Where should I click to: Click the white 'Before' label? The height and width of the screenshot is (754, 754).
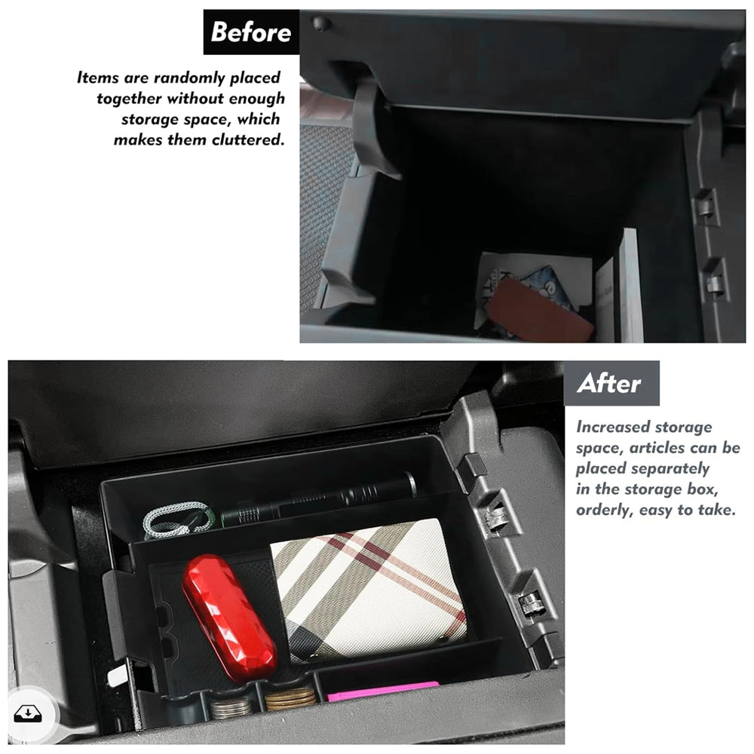[x=250, y=32]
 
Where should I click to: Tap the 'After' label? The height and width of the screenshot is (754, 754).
[x=608, y=384]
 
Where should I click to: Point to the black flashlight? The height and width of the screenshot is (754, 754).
[x=318, y=500]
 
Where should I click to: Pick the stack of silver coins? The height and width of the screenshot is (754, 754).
[x=231, y=708]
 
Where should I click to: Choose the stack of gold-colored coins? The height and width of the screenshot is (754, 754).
[x=290, y=699]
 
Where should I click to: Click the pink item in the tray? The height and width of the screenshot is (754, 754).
[x=383, y=691]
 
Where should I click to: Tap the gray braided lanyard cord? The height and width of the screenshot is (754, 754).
[x=178, y=520]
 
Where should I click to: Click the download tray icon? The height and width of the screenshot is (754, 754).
[x=28, y=714]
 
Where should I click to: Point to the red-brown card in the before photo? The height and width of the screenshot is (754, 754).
[x=540, y=311]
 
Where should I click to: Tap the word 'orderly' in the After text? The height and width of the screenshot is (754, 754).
[x=605, y=510]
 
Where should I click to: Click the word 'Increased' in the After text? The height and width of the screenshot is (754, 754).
[x=611, y=427]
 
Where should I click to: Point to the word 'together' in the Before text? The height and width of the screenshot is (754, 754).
[x=129, y=99]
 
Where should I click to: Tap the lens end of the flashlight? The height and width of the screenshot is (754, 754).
[x=410, y=484]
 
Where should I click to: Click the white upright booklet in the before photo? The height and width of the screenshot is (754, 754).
[x=623, y=287]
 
